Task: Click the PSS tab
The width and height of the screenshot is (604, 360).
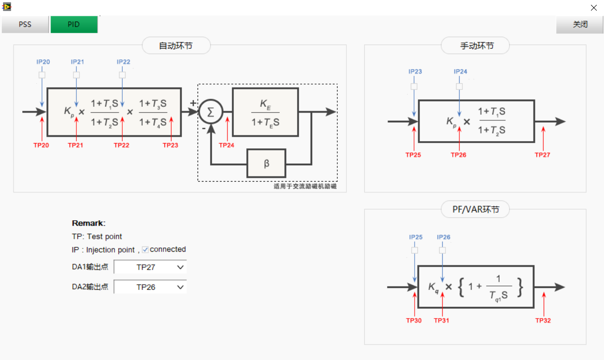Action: pos(25,24)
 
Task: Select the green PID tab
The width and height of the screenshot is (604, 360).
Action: pos(74,24)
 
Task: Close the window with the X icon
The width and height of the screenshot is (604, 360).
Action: pos(594,8)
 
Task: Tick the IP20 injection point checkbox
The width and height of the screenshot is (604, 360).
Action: pos(42,75)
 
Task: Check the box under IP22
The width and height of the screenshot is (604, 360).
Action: pos(122,75)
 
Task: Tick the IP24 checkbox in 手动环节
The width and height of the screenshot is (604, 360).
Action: pos(459,86)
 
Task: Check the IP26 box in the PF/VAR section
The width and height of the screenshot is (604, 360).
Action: pos(442,250)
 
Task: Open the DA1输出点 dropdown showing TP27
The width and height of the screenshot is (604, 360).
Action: pos(150,267)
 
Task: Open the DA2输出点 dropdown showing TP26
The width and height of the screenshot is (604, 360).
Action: pos(150,287)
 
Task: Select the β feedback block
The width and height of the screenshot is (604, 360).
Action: pos(266,163)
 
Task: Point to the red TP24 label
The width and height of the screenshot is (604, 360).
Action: pos(226,145)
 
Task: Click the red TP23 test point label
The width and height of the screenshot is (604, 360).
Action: pos(170,145)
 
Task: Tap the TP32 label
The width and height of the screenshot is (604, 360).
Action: pos(543,320)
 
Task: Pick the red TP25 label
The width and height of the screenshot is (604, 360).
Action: pos(414,155)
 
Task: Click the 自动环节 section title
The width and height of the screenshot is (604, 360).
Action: pos(176,46)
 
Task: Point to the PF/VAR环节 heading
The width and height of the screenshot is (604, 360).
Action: pos(475,210)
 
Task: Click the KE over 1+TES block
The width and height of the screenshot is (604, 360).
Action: pos(265,112)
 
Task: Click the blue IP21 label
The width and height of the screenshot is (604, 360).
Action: pos(77,62)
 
